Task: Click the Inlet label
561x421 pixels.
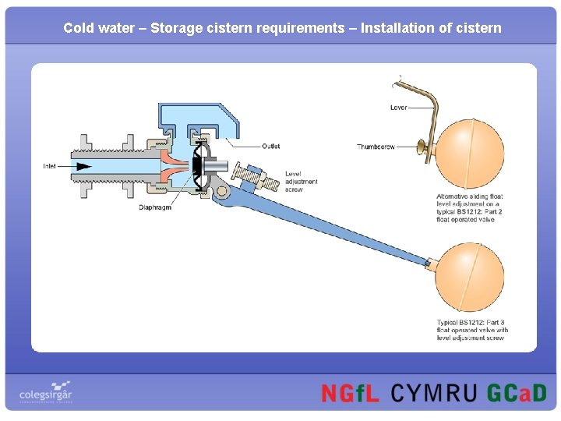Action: [x=50, y=166]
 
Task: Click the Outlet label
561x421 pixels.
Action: [x=270, y=146]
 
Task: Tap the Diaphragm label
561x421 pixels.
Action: [x=154, y=207]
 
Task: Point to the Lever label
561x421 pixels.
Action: [x=398, y=108]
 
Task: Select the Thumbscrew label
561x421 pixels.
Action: [x=376, y=147]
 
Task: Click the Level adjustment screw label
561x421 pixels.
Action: [x=301, y=182]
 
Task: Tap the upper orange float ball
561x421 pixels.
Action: [x=470, y=153]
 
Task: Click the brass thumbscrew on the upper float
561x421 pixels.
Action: [x=423, y=146]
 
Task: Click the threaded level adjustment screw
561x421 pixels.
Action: [x=262, y=179]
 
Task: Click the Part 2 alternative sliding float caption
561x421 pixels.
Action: [x=470, y=207]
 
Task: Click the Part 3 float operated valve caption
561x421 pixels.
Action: [x=472, y=330]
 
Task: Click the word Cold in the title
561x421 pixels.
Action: [x=78, y=28]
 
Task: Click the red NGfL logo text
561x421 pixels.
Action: [x=350, y=393]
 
